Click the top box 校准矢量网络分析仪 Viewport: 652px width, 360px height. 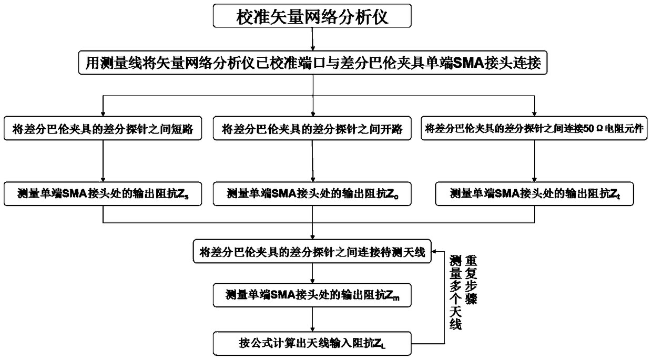pos(313,17)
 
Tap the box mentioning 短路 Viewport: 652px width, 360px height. pos(103,129)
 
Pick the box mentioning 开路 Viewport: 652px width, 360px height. pos(313,129)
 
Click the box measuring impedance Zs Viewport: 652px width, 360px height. pos(103,194)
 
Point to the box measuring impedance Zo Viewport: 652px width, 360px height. pos(313,194)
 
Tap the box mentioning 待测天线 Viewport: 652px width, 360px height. pos(313,252)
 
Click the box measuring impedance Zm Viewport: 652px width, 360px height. pos(313,296)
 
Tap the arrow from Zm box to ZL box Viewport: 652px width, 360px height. pos(313,320)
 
